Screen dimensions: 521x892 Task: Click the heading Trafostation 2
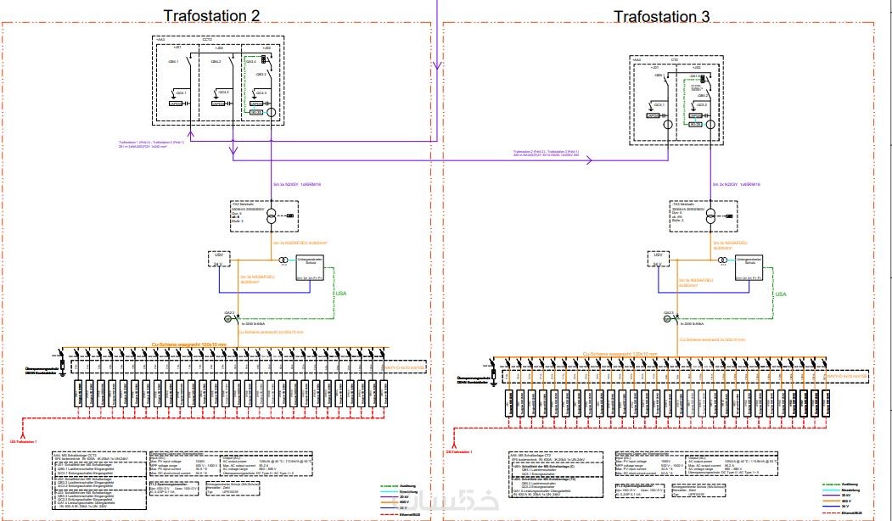210,15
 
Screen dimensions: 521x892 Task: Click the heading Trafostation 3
661,16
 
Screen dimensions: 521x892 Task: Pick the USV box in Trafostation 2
219,258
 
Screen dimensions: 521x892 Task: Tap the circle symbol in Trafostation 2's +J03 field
272,112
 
